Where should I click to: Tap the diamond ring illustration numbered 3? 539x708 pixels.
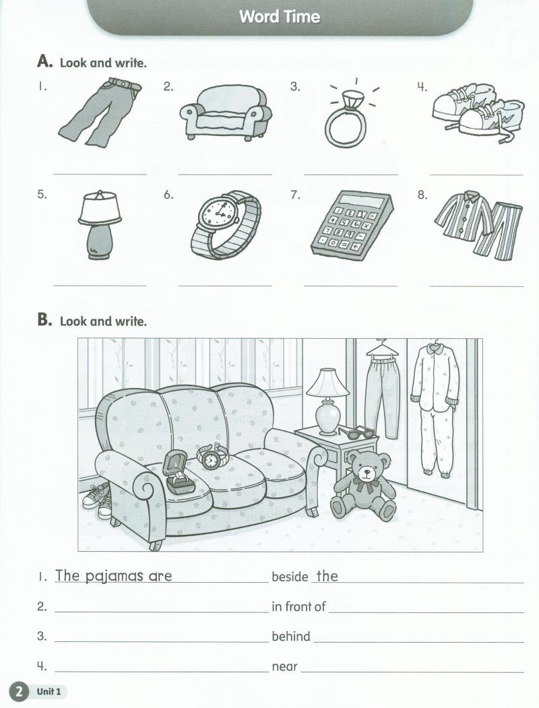point(346,119)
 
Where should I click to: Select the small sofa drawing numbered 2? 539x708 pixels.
point(226,113)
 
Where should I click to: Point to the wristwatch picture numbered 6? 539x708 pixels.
point(226,225)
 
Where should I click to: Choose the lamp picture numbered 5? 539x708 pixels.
point(100,224)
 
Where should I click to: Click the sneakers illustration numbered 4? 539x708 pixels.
point(478,113)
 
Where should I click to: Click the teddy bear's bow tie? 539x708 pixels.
point(366,485)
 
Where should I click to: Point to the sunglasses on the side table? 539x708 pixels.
point(356,432)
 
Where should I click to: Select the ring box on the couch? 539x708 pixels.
point(177,472)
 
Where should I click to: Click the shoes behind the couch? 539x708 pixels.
point(96,501)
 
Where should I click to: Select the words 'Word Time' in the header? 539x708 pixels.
point(280,17)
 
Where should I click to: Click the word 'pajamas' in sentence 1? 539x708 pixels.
point(115,577)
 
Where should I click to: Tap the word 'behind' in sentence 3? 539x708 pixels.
point(290,636)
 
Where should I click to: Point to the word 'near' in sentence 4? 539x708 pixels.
point(284,667)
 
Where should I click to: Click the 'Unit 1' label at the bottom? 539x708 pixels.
point(49,691)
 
